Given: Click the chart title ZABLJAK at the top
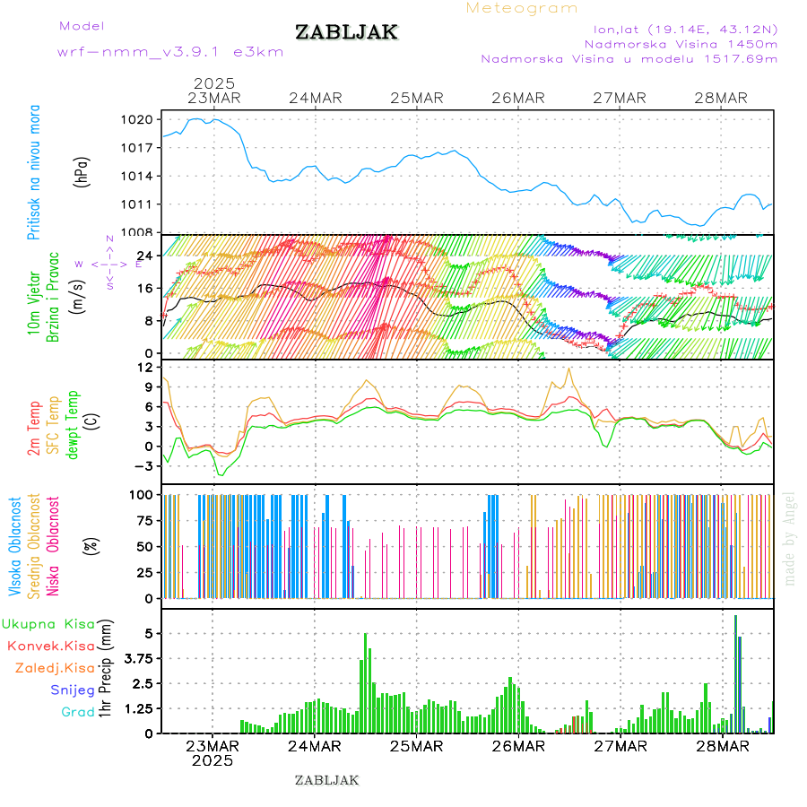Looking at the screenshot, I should [346, 32].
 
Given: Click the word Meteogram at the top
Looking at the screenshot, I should [522, 8].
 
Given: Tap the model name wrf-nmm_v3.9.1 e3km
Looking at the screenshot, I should [170, 51].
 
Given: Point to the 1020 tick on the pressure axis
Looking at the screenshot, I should [139, 119].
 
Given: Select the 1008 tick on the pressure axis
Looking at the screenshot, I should [139, 232].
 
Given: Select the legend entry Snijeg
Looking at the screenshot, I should [72, 690].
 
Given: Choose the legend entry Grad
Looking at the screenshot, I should [77, 712].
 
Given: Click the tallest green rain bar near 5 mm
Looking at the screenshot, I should [366, 681].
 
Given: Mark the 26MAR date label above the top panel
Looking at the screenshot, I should [518, 98].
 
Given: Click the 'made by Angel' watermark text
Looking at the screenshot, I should [790, 538].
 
